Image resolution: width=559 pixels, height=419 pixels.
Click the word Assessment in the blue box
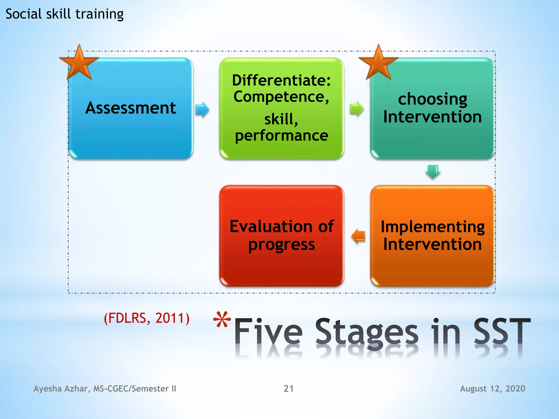130,108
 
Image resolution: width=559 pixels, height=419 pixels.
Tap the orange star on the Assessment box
79,63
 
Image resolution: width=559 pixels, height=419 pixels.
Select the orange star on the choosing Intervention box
378,63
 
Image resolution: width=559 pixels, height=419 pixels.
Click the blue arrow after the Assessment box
202,109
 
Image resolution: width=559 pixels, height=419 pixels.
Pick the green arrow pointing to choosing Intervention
356,109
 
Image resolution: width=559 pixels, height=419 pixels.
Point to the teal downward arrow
433,172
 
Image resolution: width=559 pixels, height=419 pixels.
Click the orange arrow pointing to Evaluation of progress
358,236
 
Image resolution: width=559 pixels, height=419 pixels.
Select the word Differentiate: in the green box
281,80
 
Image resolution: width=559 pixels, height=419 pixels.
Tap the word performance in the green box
281,136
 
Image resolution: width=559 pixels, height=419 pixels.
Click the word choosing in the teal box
432,99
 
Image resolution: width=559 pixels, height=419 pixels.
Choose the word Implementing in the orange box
433,227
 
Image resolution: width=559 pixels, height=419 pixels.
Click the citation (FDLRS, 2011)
147,318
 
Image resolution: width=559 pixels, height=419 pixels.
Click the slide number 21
289,388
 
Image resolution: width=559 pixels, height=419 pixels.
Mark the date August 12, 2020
492,388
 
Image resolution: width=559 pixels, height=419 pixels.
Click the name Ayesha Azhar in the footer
61,388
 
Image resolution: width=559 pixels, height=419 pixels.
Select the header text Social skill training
64,14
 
